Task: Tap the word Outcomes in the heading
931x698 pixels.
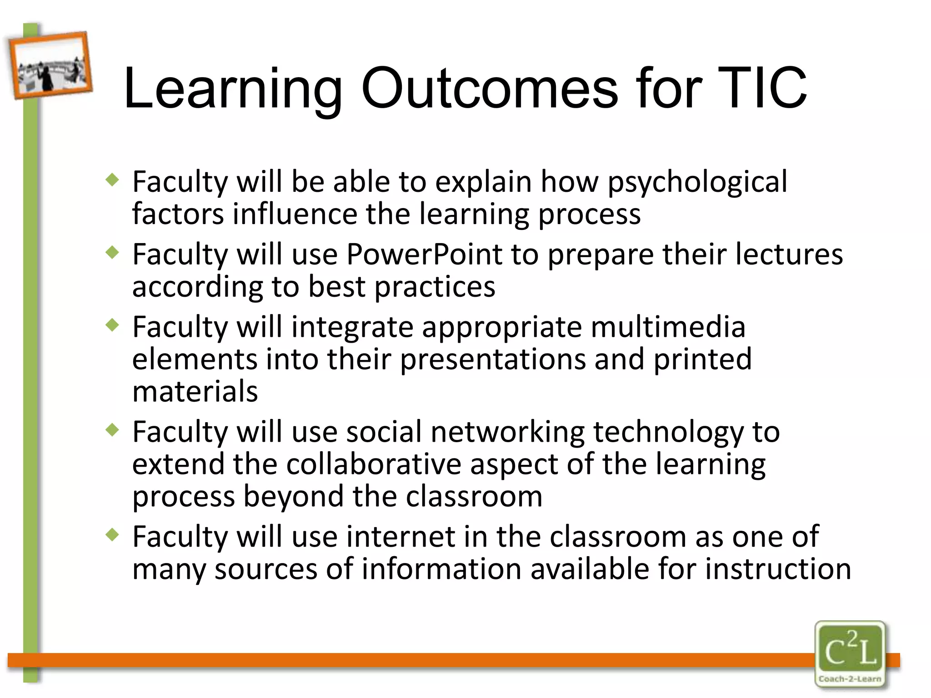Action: click(489, 89)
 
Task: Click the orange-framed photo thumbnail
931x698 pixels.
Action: click(50, 65)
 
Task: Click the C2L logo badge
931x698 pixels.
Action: click(850, 648)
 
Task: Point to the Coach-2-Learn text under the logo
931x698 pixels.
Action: click(850, 679)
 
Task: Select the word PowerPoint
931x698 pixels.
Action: click(424, 254)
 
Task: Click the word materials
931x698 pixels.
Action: click(195, 392)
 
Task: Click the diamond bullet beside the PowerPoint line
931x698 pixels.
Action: click(112, 252)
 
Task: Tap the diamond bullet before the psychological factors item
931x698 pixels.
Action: click(112, 180)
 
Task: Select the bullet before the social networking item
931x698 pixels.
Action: click(112, 429)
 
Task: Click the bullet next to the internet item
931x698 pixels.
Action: click(112, 534)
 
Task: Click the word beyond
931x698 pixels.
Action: click(293, 497)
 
